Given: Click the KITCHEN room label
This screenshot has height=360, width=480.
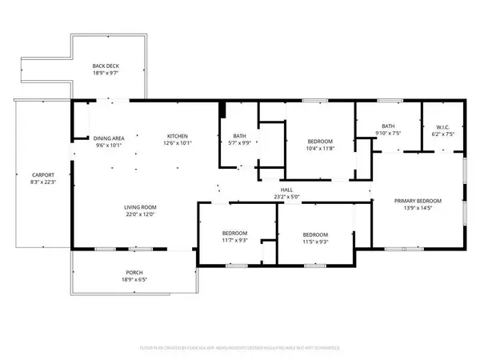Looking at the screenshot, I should (178, 135).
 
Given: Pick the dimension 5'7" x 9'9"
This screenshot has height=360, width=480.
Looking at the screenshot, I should (240, 143).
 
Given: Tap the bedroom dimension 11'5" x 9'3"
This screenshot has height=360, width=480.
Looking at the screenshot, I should (317, 241).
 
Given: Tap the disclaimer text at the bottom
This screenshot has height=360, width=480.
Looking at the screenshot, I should (239, 349).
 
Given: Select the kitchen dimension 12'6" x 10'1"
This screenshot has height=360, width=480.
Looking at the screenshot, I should (178, 143).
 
